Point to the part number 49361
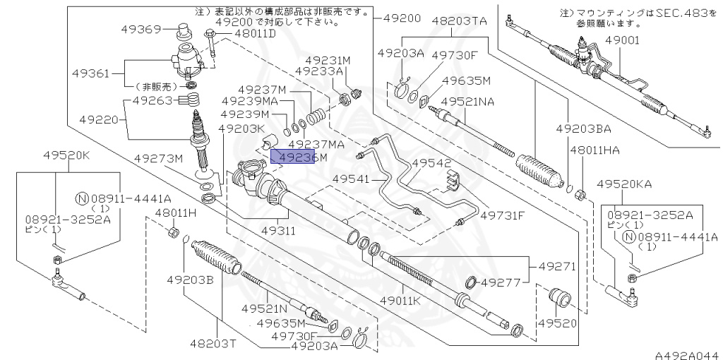point(90,73)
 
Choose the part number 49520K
point(66,155)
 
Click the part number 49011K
point(400,301)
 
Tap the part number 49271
point(558,267)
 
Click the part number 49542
point(431,162)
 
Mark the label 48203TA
point(459,21)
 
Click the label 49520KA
point(624,184)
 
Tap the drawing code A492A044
point(686,352)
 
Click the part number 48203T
point(212,343)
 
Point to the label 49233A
point(318,71)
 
